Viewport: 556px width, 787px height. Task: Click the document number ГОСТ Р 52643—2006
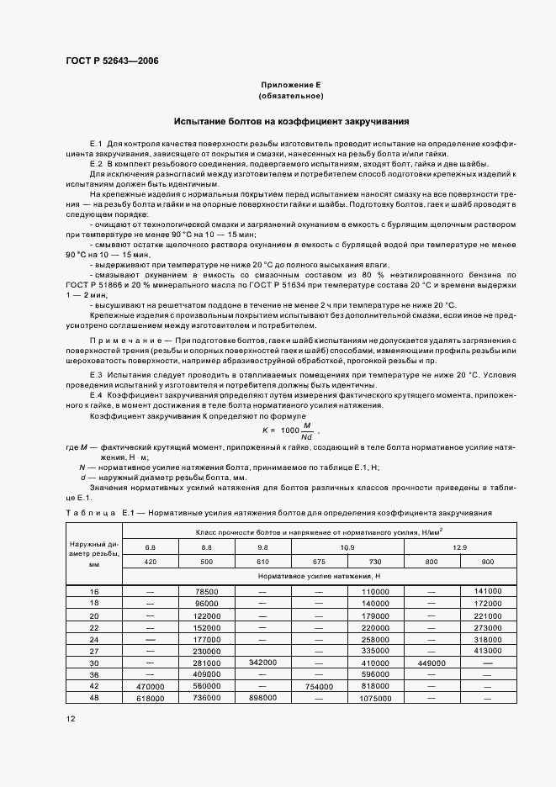pyautogui.click(x=112, y=61)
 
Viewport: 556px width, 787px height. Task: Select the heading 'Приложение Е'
pyautogui.click(x=291, y=85)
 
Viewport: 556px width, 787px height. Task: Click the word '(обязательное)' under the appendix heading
pyautogui.click(x=291, y=96)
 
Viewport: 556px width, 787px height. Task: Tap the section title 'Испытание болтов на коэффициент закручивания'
pyautogui.click(x=291, y=121)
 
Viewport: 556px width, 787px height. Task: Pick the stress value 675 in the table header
pyautogui.click(x=320, y=561)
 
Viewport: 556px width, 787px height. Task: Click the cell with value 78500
pyautogui.click(x=206, y=591)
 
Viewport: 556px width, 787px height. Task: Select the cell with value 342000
pyautogui.click(x=262, y=663)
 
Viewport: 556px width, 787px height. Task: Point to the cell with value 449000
pyautogui.click(x=432, y=663)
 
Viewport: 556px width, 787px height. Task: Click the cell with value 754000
pyautogui.click(x=320, y=686)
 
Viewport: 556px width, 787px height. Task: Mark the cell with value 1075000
pyautogui.click(x=375, y=698)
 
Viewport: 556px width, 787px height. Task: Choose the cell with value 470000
pyautogui.click(x=151, y=686)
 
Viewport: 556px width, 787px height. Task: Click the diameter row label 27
pyautogui.click(x=93, y=651)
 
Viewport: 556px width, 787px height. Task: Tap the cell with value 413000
pyautogui.click(x=488, y=651)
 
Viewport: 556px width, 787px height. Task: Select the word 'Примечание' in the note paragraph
pyautogui.click(x=126, y=340)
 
